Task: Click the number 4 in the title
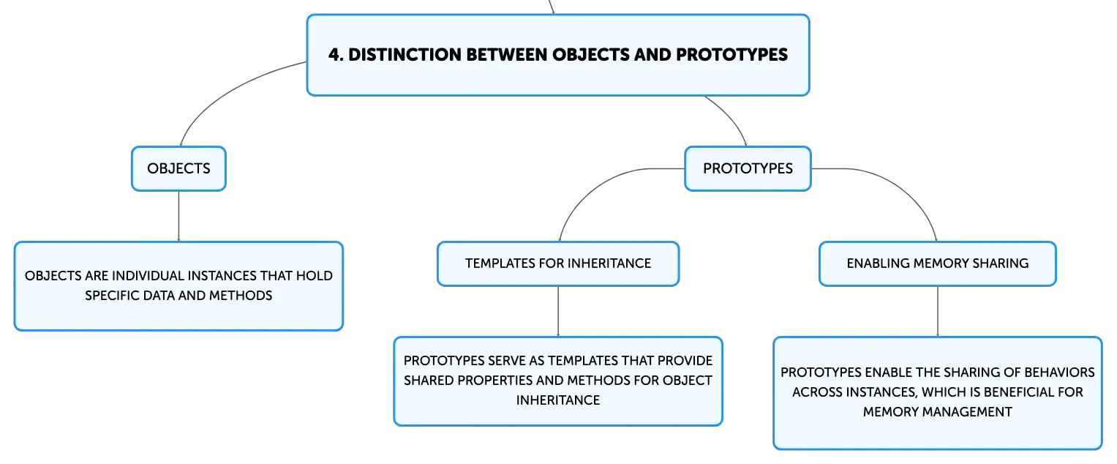[334, 55]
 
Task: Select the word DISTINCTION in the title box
[405, 55]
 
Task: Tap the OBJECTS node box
[178, 168]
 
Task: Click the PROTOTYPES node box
[748, 168]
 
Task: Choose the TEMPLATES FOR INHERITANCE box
[558, 264]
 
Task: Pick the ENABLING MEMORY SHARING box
[938, 264]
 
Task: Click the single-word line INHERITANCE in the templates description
[558, 400]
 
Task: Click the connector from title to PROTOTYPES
[731, 116]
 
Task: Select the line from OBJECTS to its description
[178, 217]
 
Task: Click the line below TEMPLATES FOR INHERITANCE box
[558, 312]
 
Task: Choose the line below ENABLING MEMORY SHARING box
[938, 312]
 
